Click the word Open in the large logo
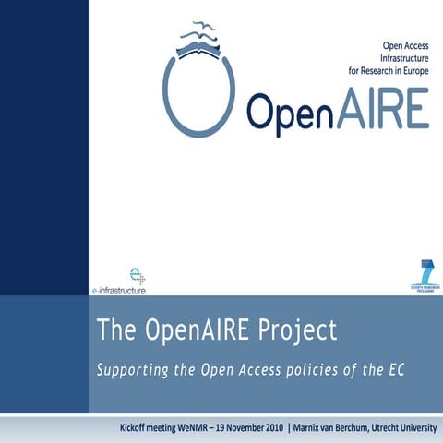tap(291, 113)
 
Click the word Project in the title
tap(289, 329)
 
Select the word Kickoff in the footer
tap(139, 427)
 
